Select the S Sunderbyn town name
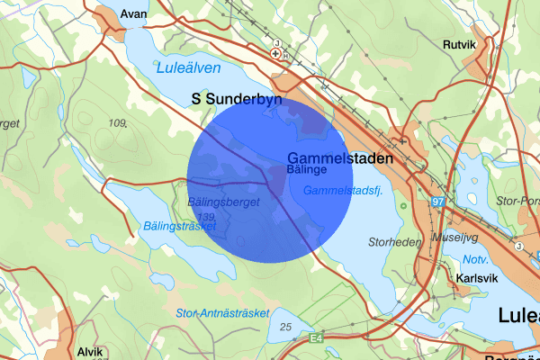(x=237, y=99)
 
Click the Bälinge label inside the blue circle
(x=305, y=168)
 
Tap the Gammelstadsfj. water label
(x=343, y=191)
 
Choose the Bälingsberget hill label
(x=224, y=203)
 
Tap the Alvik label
(x=90, y=353)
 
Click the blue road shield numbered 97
(x=438, y=203)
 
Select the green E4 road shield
(x=315, y=338)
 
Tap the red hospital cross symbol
(x=277, y=54)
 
